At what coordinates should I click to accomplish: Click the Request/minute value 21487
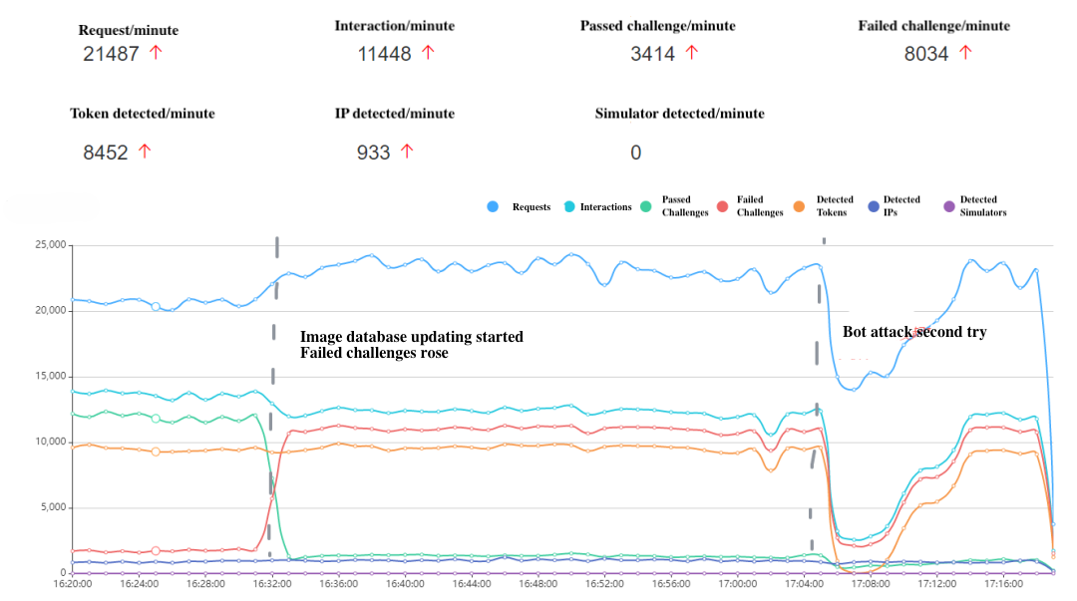point(111,54)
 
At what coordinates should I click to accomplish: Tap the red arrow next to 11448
point(428,53)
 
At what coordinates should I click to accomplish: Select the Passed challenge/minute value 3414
point(653,54)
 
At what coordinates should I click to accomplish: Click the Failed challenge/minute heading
point(933,26)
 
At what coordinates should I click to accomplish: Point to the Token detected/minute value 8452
point(106,152)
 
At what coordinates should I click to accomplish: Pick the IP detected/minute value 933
point(374,152)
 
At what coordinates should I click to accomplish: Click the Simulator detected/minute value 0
point(636,152)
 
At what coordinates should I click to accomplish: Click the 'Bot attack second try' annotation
point(914,332)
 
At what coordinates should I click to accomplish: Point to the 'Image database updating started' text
point(411,337)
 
